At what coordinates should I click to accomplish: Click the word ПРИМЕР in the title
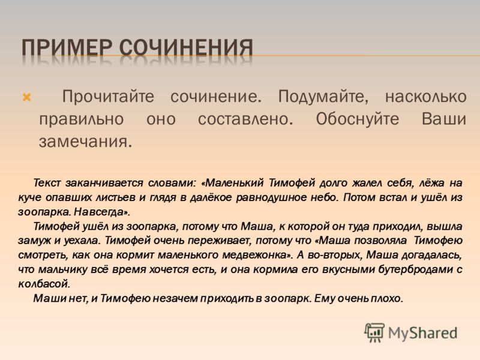click(67, 48)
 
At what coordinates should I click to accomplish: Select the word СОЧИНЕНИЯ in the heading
click(186, 48)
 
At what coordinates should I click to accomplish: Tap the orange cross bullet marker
click(27, 98)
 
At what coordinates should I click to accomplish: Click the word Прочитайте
click(108, 97)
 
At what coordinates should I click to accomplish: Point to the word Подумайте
click(323, 97)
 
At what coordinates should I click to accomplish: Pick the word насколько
click(425, 97)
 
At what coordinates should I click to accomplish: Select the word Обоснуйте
click(357, 119)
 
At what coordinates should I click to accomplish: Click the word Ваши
click(443, 119)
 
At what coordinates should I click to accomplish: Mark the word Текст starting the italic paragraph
click(47, 183)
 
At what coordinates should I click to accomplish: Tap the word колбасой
click(44, 284)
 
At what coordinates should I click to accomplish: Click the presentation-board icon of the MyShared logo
click(374, 333)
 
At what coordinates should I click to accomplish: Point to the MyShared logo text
click(422, 333)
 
